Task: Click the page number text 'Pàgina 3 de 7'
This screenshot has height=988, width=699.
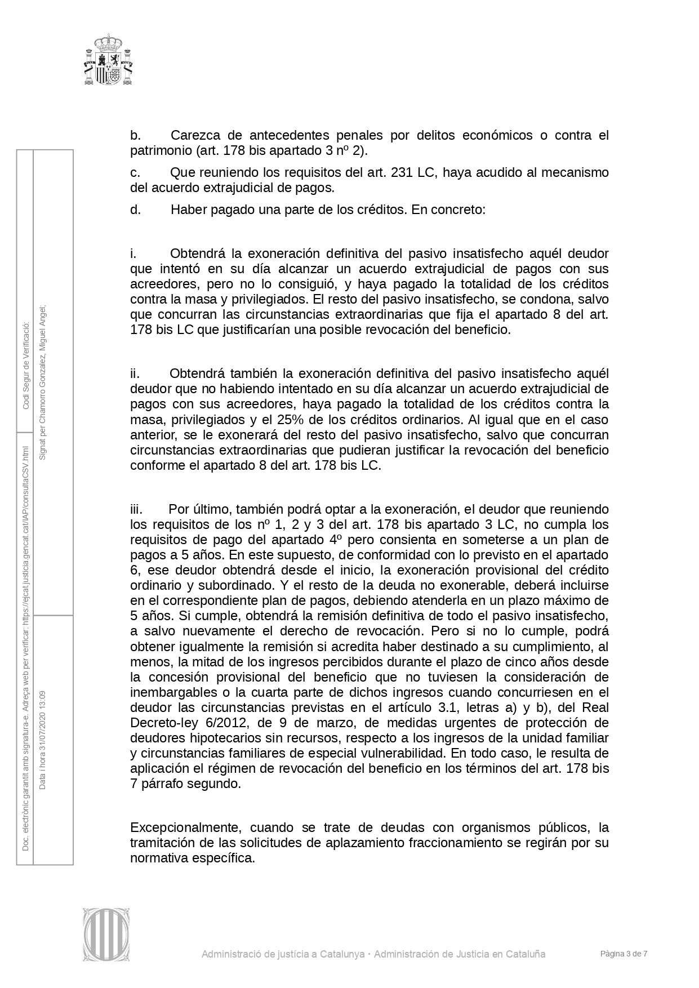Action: (624, 954)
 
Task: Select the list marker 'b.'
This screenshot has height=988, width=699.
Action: (135, 136)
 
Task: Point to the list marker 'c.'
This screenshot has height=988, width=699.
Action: (135, 172)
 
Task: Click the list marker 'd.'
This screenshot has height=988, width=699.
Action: (135, 210)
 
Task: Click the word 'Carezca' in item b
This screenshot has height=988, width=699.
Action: (194, 136)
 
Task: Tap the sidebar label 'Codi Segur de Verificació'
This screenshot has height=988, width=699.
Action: (25, 367)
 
